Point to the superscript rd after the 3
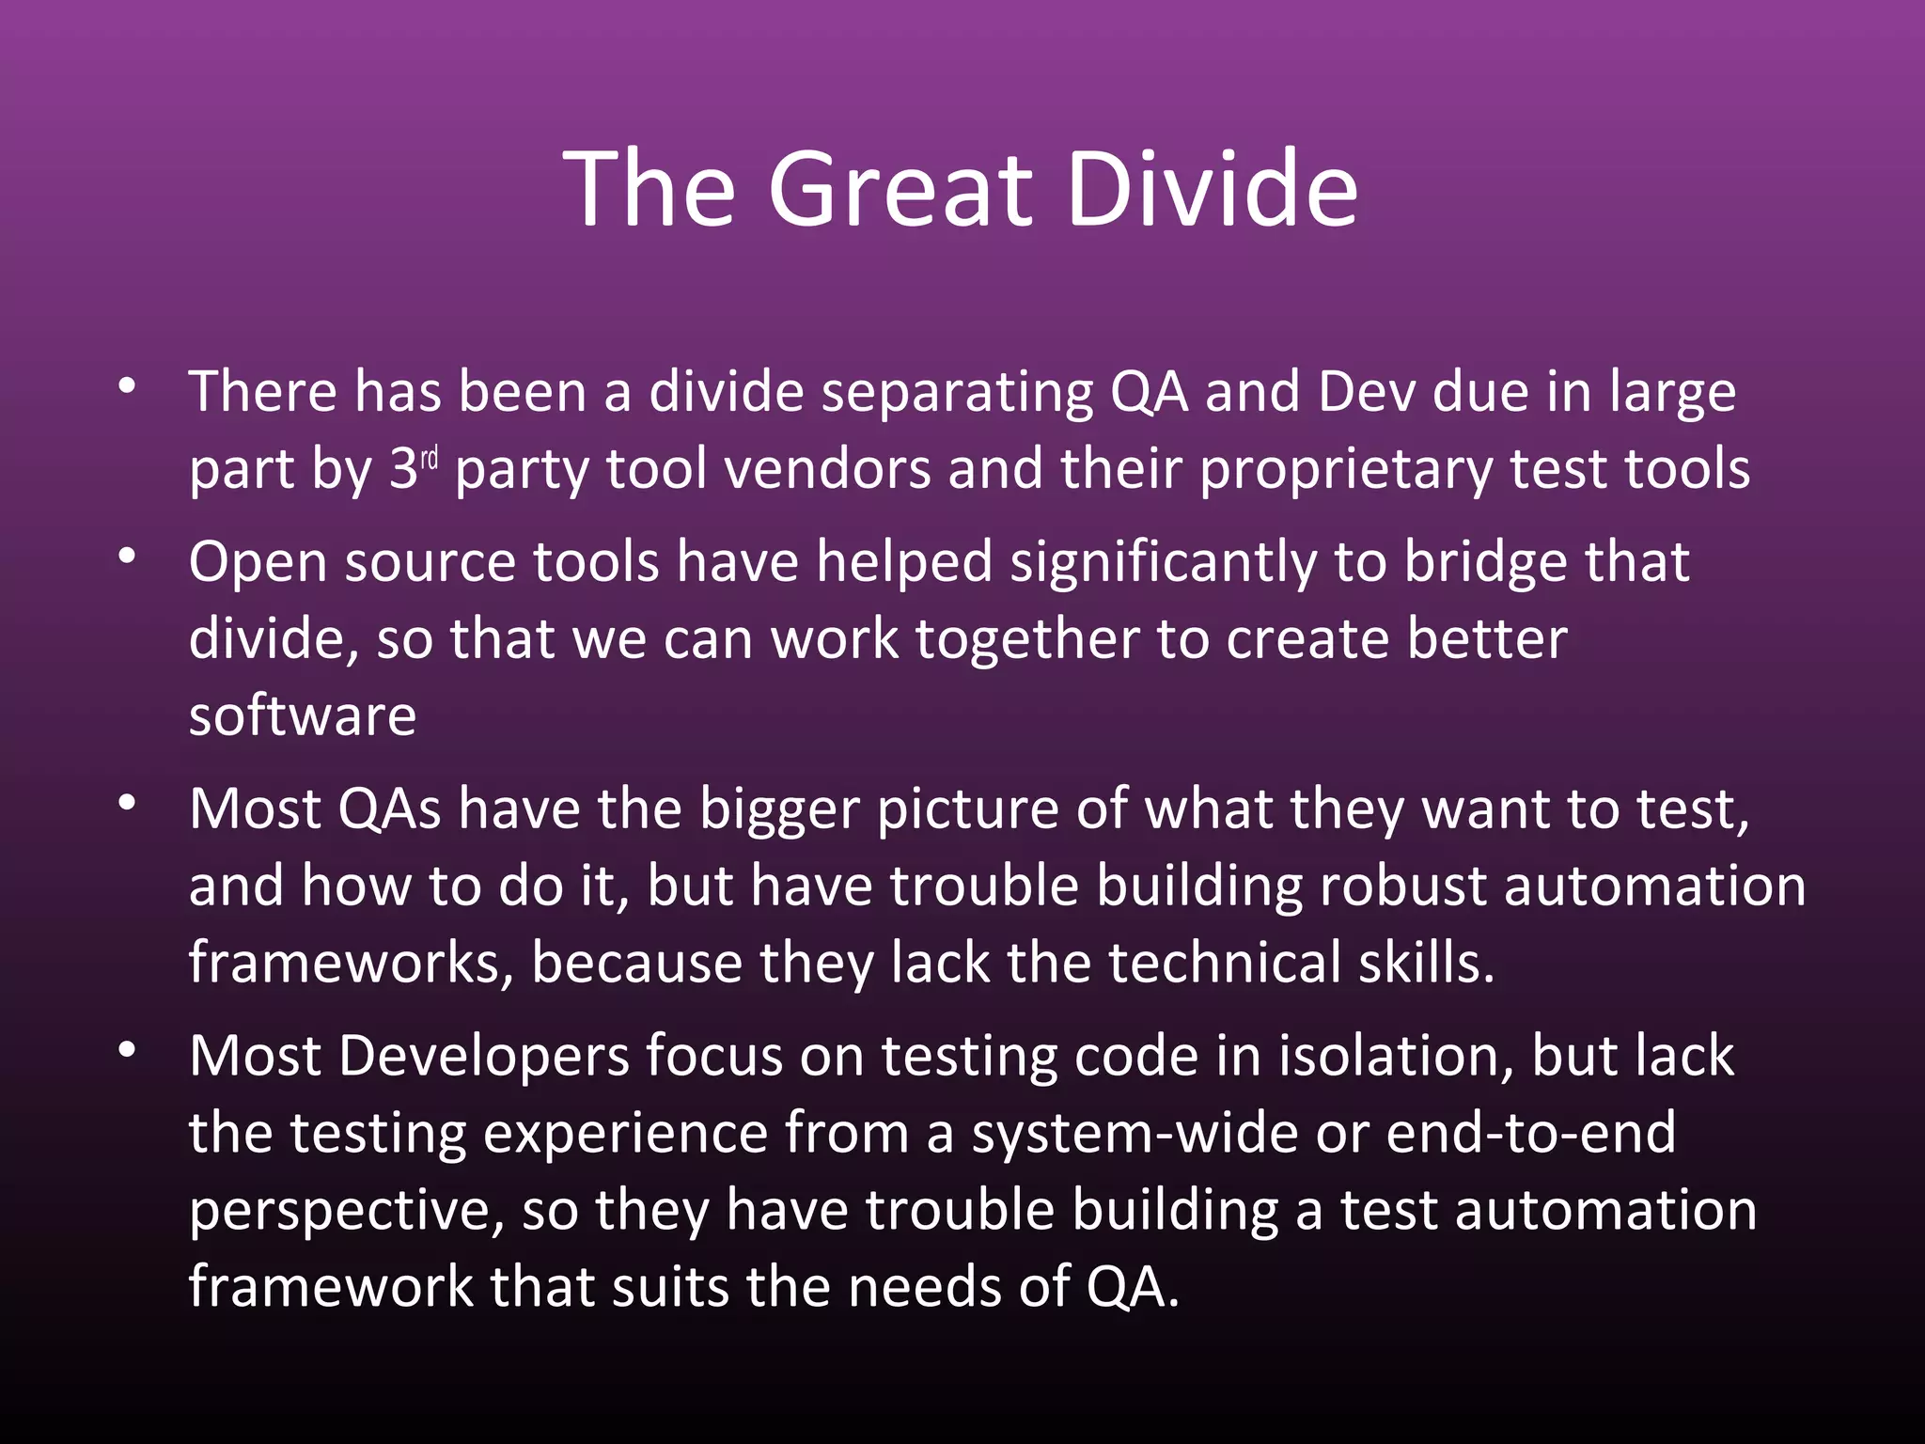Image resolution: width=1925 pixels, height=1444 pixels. pyautogui.click(x=430, y=459)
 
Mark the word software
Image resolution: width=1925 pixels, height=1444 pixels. pyautogui.click(x=302, y=716)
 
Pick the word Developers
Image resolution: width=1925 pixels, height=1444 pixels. pyautogui.click(x=483, y=1057)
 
